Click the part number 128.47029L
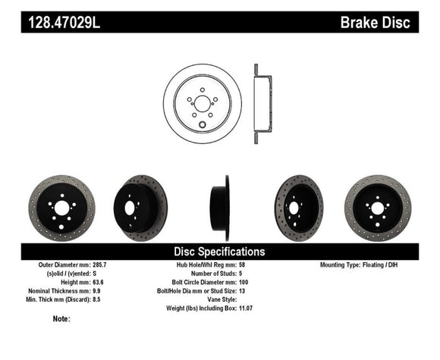(65, 23)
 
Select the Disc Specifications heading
(220, 251)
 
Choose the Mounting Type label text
(338, 265)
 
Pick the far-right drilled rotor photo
(377, 208)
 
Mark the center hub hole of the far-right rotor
(377, 208)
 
